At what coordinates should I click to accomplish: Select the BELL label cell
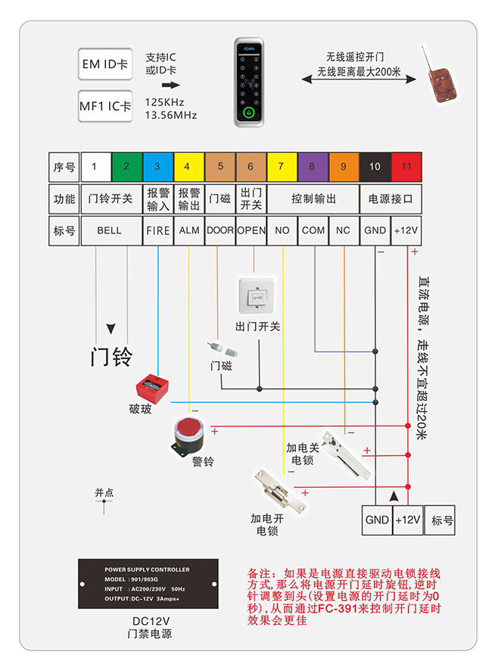click(110, 230)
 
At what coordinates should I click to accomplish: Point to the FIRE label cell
click(157, 230)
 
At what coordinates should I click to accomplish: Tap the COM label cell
click(313, 230)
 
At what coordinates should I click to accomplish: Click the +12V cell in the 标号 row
click(406, 230)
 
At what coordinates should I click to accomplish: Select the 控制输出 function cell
click(313, 199)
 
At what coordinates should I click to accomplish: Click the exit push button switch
click(257, 297)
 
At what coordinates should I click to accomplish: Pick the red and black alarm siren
click(188, 437)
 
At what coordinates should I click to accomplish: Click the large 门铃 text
click(111, 356)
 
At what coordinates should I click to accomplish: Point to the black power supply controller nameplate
click(148, 584)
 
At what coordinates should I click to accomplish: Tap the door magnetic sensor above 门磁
click(220, 350)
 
